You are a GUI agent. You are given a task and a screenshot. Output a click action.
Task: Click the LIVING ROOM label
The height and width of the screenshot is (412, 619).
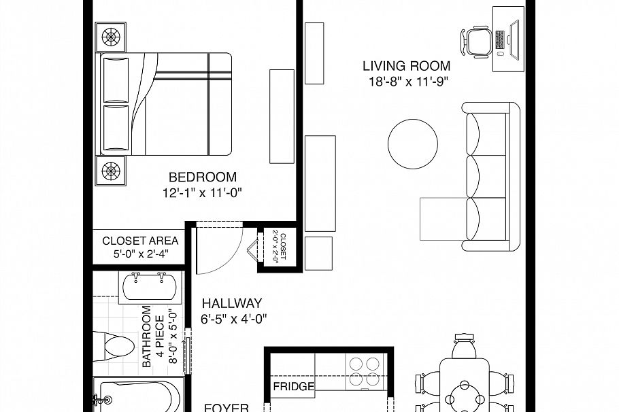pyautogui.click(x=406, y=66)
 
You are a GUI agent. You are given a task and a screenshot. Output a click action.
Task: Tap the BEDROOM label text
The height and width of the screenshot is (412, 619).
pyautogui.click(x=202, y=177)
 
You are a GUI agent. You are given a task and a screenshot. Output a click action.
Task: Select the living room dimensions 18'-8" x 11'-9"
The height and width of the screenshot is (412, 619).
pyautogui.click(x=406, y=82)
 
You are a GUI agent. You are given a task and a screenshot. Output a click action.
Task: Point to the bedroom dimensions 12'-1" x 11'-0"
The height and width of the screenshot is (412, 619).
pyautogui.click(x=202, y=193)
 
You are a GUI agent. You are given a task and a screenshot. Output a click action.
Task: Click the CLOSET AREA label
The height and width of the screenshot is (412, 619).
pyautogui.click(x=140, y=241)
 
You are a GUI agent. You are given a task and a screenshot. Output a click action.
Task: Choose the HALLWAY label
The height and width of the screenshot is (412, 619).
pyautogui.click(x=231, y=304)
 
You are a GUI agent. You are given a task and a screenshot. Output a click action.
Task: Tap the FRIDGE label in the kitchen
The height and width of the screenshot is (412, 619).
pyautogui.click(x=293, y=387)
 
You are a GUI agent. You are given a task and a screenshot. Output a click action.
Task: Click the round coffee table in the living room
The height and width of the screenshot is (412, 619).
pyautogui.click(x=413, y=144)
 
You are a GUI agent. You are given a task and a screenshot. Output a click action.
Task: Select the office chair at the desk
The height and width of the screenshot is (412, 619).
pyautogui.click(x=477, y=41)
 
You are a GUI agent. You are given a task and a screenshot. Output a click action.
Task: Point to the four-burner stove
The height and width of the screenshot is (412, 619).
pyautogui.click(x=364, y=372)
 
